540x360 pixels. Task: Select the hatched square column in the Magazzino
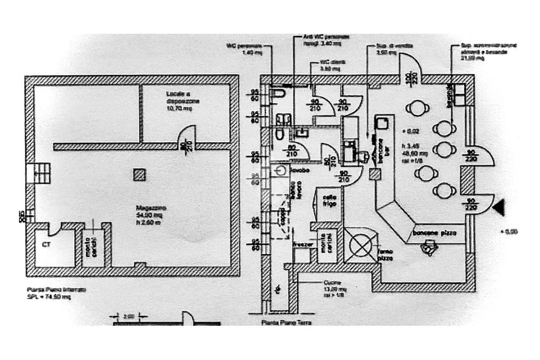click(139, 175)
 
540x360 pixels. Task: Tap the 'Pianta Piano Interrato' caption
click(50, 290)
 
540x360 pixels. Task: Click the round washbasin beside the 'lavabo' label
click(280, 171)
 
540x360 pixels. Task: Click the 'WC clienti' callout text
click(332, 65)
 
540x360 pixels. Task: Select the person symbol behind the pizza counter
click(432, 248)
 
